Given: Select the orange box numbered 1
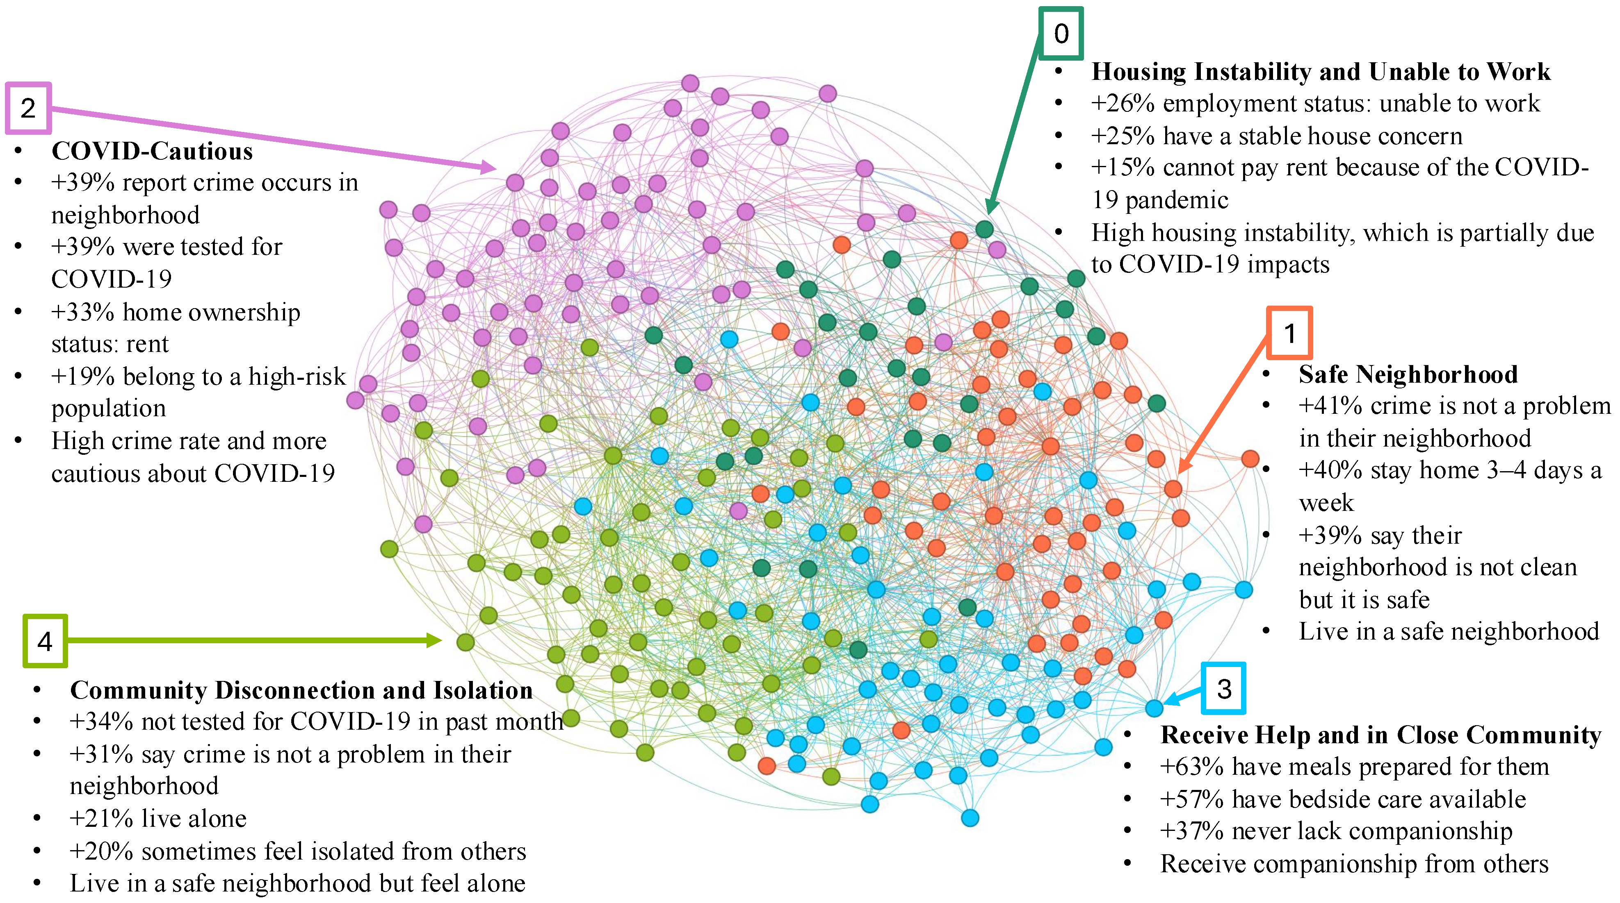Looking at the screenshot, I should (1289, 333).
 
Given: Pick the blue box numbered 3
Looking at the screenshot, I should (1223, 689).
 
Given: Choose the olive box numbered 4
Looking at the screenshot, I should (45, 641).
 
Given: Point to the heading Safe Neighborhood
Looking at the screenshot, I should (1408, 374).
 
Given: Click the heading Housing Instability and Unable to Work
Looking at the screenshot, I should (1321, 72).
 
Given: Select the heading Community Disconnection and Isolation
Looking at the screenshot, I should (301, 690).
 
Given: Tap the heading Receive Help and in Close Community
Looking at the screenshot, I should (1380, 735).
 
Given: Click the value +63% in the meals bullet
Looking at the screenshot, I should (1192, 767).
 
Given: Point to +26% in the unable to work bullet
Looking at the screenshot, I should (1123, 104).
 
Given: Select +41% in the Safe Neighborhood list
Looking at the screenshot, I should (1330, 406).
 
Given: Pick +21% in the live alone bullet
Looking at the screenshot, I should (100, 819).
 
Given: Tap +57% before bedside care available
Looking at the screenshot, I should (1192, 799).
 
